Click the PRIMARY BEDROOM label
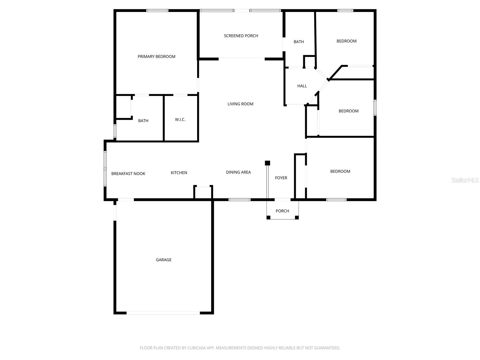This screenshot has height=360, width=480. [156, 56]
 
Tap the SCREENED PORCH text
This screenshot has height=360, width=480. [241, 36]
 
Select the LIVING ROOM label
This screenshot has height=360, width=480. [240, 104]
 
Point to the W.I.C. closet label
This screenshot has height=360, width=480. [180, 119]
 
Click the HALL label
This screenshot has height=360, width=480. [302, 86]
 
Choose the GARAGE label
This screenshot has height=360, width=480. [163, 260]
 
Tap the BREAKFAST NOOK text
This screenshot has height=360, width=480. [128, 174]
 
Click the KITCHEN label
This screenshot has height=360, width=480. [179, 172]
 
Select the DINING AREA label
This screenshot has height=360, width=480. [238, 172]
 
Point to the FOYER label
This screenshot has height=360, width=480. [281, 178]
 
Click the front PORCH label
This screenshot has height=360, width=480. [282, 211]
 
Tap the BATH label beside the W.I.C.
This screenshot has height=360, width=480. [143, 121]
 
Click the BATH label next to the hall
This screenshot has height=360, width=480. [298, 42]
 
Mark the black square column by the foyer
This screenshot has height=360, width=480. [267, 163]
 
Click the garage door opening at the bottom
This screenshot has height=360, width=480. [163, 313]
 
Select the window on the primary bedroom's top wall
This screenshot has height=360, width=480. [157, 10]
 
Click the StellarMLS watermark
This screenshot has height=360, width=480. [465, 180]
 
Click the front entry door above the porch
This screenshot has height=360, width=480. [282, 199]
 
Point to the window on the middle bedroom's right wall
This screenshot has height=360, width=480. [375, 107]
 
